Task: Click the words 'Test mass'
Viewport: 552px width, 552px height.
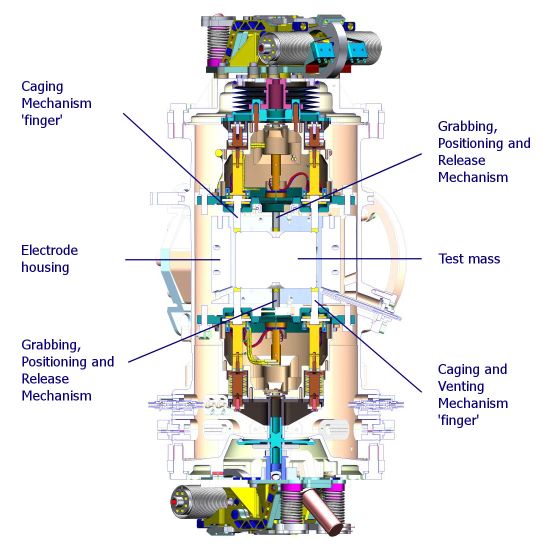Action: click(469, 259)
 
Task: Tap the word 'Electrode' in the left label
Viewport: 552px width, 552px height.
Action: click(49, 250)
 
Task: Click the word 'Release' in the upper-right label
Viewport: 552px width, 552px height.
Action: click(461, 160)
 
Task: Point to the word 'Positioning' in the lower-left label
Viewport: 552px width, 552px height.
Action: click(67, 362)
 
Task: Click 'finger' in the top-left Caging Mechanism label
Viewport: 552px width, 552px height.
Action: click(42, 120)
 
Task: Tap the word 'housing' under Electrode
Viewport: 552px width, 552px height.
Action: click(45, 267)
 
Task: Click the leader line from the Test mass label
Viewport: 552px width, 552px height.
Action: click(360, 258)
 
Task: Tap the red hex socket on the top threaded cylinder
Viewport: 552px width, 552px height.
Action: click(261, 47)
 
